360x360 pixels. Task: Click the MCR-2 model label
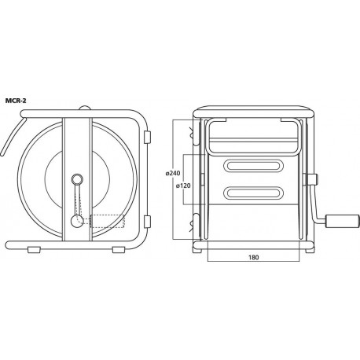(x=16, y=101)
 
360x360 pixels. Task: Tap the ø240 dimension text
(x=173, y=173)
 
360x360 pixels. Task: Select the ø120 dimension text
(x=183, y=186)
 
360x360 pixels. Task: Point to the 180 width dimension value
(x=253, y=257)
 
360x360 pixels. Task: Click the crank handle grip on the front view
(x=342, y=221)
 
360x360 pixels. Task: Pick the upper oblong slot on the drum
(x=253, y=166)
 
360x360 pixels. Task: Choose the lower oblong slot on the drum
(x=253, y=193)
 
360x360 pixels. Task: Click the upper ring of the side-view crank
(x=77, y=180)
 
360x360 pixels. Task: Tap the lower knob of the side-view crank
(x=77, y=221)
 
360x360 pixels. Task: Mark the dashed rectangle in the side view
(x=107, y=221)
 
